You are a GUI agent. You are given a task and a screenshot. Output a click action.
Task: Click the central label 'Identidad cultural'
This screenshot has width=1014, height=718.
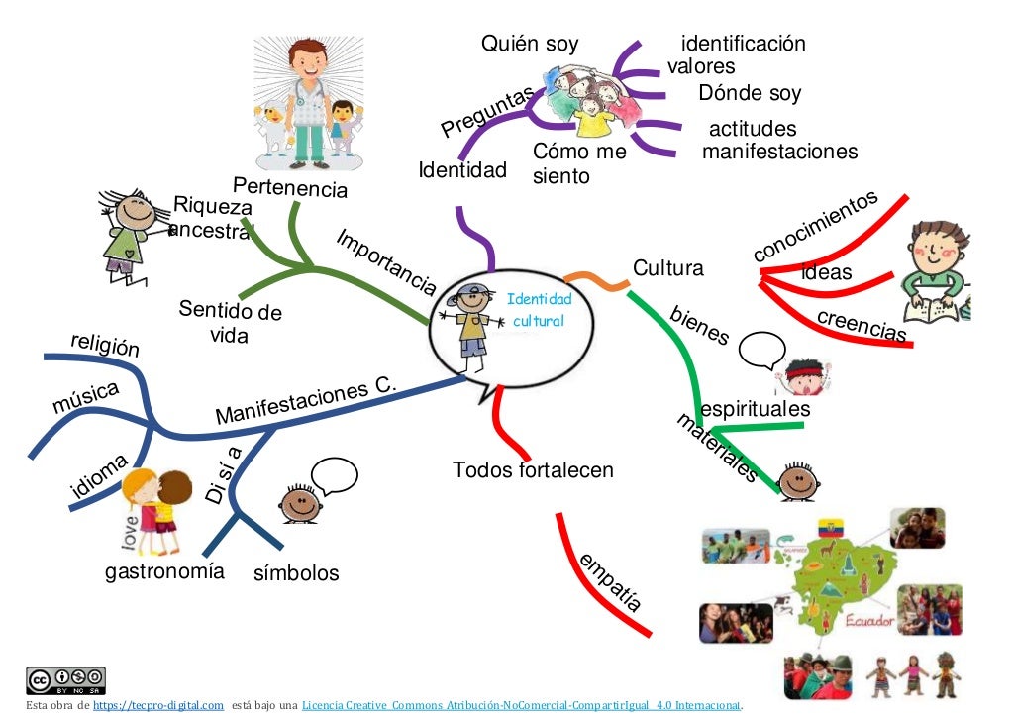point(539,310)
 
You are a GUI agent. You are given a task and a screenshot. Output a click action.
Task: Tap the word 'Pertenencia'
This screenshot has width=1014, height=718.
point(290,187)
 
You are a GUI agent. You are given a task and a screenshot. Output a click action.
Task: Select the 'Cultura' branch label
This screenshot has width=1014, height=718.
point(667,268)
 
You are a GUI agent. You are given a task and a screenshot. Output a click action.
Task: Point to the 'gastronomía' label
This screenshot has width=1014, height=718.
point(164,571)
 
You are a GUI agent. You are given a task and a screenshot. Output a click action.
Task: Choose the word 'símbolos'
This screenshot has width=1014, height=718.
point(296,573)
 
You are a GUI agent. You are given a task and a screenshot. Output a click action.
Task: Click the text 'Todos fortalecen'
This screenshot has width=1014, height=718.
point(533,469)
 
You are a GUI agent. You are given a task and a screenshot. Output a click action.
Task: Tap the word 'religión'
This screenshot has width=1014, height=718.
point(105,345)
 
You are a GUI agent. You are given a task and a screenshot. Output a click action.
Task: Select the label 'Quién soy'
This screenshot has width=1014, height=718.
point(530,44)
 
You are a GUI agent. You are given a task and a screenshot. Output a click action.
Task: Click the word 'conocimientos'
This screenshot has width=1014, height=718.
point(815,227)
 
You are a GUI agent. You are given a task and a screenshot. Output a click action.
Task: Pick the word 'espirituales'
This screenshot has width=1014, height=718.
point(755,409)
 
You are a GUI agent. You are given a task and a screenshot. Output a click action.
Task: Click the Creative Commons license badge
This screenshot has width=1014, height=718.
point(65,681)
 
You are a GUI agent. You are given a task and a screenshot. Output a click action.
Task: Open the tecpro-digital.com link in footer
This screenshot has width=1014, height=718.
point(158,705)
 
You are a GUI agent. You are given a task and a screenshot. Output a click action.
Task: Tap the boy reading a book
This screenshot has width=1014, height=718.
point(936,272)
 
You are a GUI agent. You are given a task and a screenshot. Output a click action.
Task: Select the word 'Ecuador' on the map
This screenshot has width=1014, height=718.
point(869,622)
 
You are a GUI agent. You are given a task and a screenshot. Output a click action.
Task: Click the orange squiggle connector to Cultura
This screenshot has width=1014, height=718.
point(596,281)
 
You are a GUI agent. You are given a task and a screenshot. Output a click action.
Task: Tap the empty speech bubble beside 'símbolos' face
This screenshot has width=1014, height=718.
point(333,475)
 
